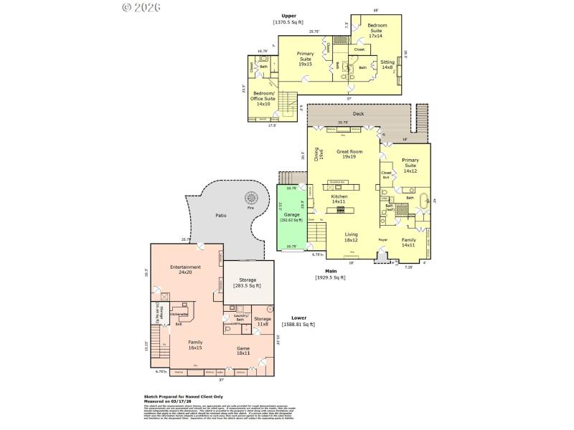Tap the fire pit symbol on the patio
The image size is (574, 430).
[x=251, y=198]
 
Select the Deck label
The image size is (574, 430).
[x=358, y=114]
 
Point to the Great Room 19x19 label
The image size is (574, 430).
[x=349, y=154]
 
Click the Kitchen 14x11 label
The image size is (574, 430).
[x=339, y=199]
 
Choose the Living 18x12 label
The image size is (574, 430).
[x=352, y=236]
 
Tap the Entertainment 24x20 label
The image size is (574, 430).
[x=185, y=269]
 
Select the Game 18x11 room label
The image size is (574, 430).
[x=244, y=350]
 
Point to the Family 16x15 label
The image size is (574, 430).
[x=195, y=345]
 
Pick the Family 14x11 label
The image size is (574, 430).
[x=408, y=242]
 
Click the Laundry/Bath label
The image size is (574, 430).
[x=240, y=317]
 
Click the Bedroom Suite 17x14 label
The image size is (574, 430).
[x=377, y=28]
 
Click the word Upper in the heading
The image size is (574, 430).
[x=288, y=15]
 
